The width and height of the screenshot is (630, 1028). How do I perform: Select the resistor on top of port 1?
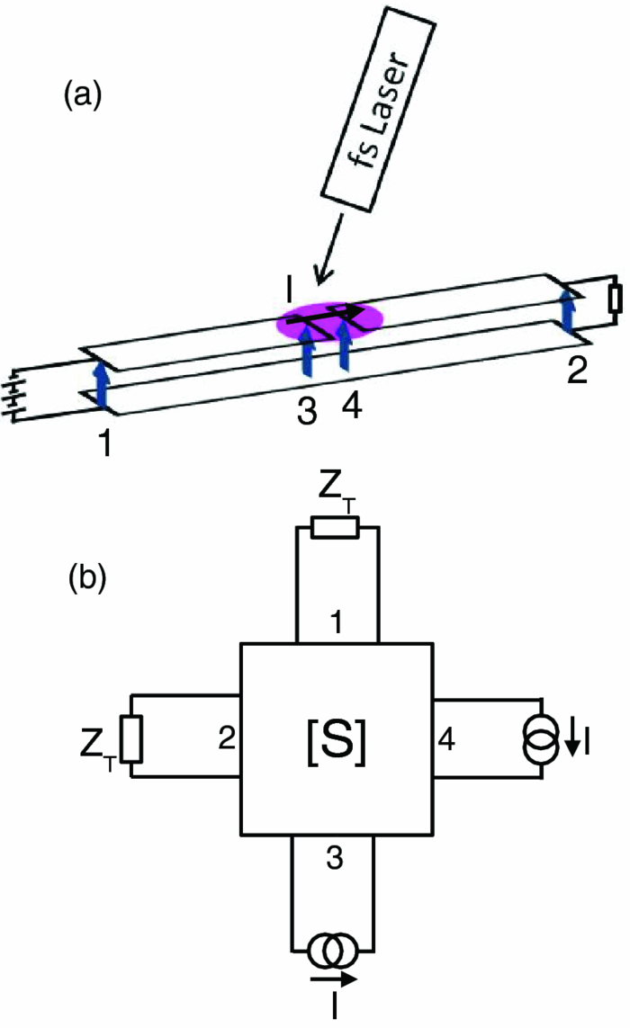(336, 528)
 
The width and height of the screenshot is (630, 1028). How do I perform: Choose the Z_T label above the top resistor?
(337, 490)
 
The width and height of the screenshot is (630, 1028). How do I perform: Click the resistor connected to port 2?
(132, 737)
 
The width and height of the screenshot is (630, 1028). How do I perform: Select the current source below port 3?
(336, 948)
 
